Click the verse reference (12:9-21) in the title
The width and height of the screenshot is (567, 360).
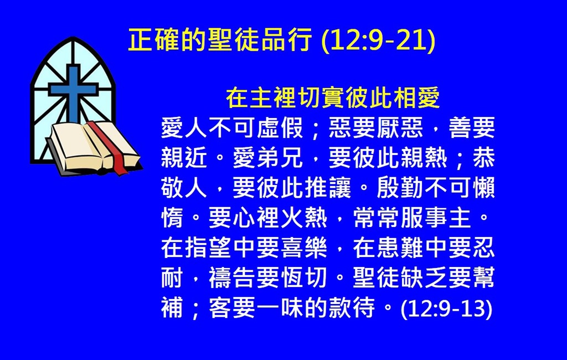(378, 40)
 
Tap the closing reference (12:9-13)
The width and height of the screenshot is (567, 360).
(447, 308)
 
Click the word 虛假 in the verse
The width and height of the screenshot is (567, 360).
(280, 128)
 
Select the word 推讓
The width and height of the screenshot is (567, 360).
(328, 188)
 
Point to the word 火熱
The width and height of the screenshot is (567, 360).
(304, 218)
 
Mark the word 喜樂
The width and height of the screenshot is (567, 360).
(304, 248)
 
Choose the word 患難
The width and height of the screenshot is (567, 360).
(400, 248)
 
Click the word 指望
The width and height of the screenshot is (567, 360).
(208, 248)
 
